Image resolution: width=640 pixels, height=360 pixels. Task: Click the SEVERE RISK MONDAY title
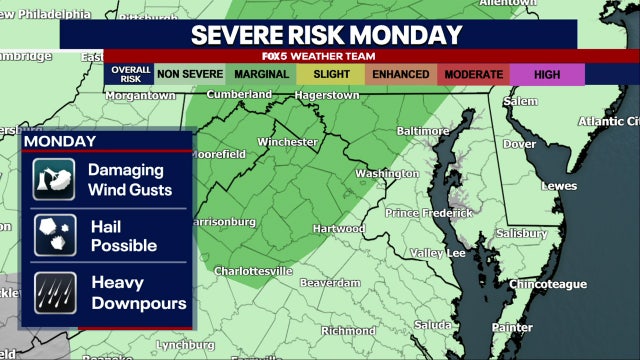(327, 35)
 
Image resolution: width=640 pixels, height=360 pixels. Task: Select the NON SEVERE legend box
(190, 74)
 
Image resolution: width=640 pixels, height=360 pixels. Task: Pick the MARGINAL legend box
(262, 74)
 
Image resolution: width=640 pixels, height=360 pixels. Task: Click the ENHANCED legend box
(401, 74)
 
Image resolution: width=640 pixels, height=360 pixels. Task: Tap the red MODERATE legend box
(473, 74)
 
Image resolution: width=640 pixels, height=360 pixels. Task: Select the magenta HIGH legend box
(546, 74)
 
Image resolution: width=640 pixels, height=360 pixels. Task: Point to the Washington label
(387, 173)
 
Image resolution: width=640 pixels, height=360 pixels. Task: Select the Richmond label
(348, 330)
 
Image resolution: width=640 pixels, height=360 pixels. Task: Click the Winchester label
(287, 143)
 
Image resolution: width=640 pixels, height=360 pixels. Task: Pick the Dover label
(519, 143)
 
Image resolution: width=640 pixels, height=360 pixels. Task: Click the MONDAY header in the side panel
(60, 142)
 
